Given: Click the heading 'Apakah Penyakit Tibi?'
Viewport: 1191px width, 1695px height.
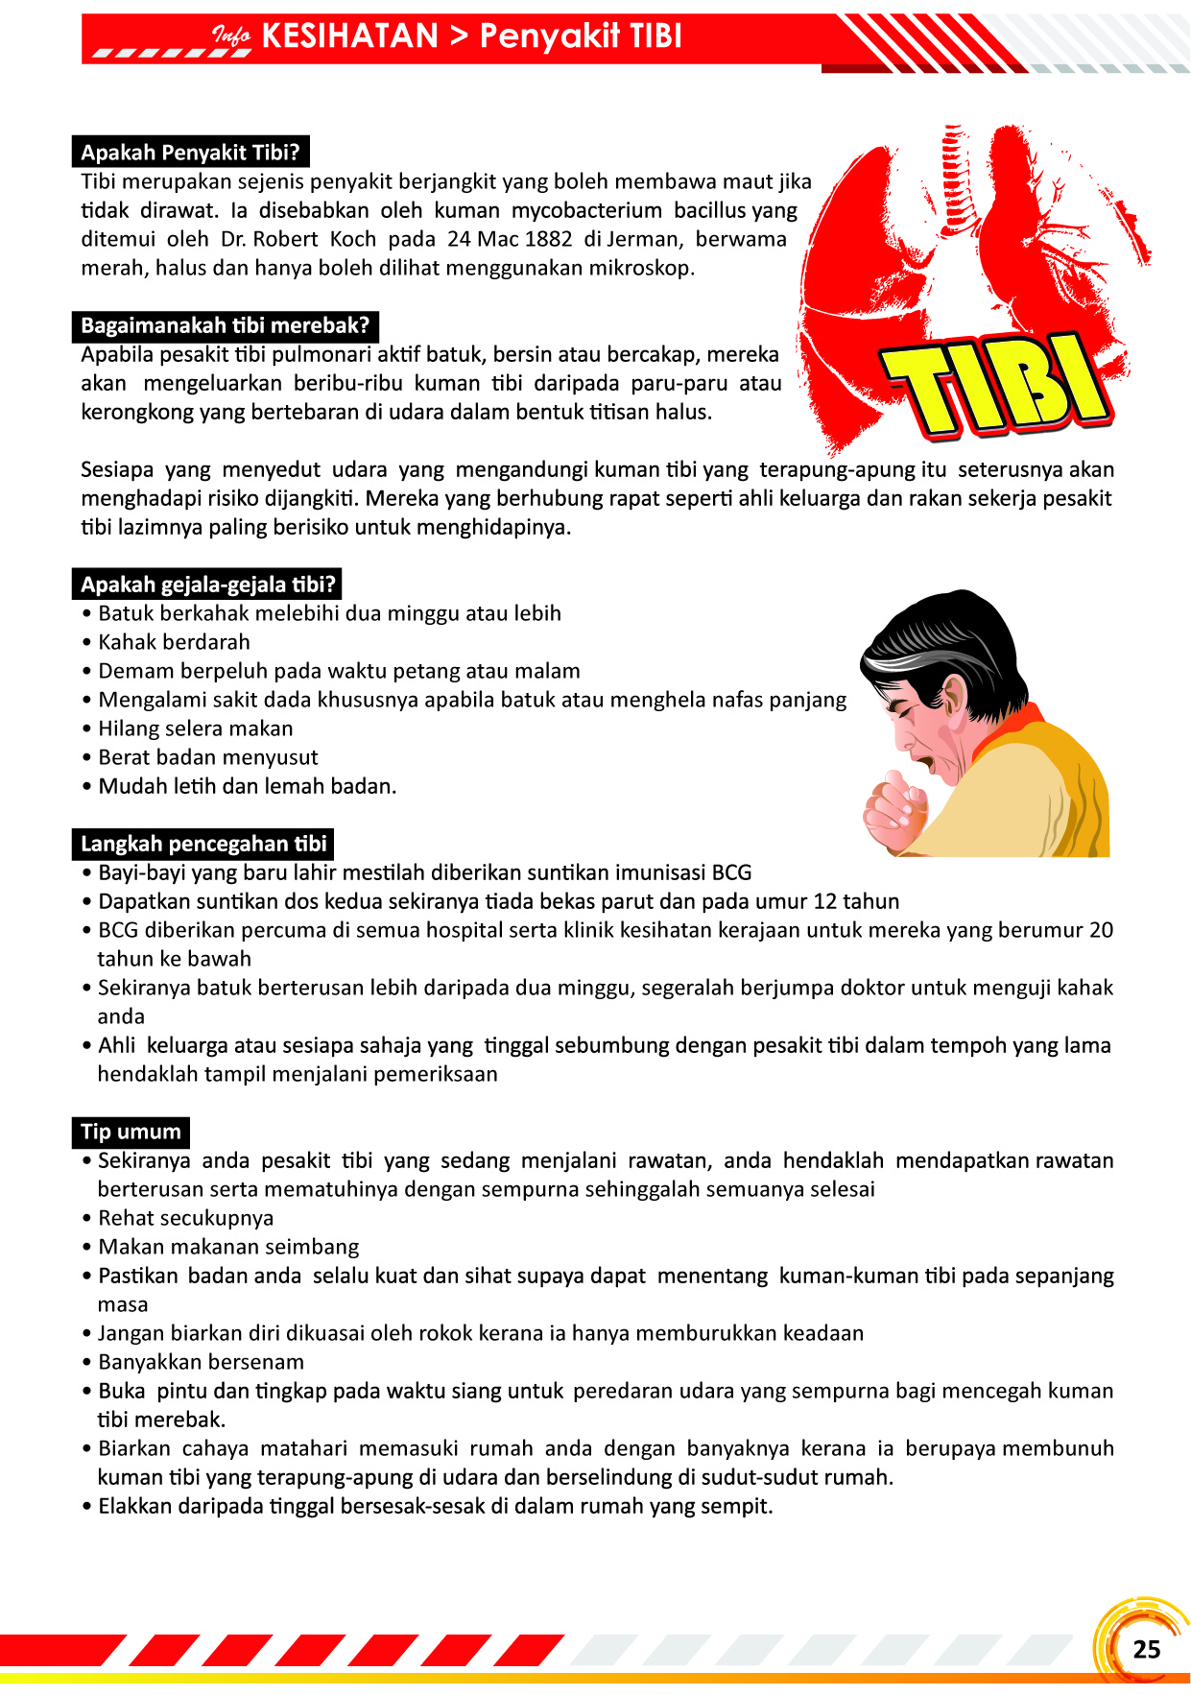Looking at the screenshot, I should tap(190, 153).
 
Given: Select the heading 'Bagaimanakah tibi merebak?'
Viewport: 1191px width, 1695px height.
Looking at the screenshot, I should tap(225, 325).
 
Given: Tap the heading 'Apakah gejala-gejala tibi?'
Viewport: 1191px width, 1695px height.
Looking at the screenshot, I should tap(207, 585).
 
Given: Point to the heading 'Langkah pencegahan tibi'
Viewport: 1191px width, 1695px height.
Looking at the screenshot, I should tap(203, 844).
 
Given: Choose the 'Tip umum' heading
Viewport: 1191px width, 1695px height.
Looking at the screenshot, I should tap(131, 1132).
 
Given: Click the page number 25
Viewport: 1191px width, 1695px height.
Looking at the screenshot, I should tap(1146, 1649).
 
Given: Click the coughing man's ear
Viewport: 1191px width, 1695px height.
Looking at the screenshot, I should tap(956, 696).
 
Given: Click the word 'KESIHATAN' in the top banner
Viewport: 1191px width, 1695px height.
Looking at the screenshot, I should tap(349, 36).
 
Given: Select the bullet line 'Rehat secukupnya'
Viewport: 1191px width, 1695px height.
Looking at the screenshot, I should tap(185, 1218).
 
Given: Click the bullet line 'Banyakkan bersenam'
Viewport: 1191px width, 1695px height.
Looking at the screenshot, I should tap(201, 1362).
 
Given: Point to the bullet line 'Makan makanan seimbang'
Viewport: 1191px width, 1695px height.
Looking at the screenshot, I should tap(228, 1247).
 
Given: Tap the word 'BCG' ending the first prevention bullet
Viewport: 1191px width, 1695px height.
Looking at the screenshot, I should tap(731, 872).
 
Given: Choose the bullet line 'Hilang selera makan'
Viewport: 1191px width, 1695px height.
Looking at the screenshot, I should tap(195, 728).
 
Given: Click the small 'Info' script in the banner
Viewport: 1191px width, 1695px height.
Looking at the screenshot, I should tap(230, 37).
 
